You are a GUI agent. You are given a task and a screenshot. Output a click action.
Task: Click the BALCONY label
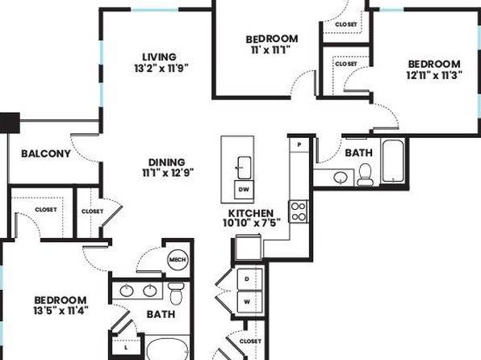pos(46,153)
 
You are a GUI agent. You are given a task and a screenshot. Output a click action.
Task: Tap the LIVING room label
pos(160,57)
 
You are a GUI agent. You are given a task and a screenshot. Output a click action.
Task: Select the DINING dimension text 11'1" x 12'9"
pos(168,173)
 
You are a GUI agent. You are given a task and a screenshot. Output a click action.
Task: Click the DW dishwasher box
pos(244,190)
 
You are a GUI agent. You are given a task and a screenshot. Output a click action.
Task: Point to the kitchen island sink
pos(245,168)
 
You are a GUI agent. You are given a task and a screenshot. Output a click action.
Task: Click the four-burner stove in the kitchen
pos(299,211)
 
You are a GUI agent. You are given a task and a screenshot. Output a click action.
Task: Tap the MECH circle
pos(178,260)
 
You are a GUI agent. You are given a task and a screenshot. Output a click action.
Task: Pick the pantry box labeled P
pos(299,144)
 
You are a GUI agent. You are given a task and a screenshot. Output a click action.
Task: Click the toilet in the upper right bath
pos(365,174)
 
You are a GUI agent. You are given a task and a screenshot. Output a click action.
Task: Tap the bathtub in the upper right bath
pos(393,161)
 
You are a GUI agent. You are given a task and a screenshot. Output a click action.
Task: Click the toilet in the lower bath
pos(176,293)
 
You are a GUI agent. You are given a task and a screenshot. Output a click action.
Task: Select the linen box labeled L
pos(126,347)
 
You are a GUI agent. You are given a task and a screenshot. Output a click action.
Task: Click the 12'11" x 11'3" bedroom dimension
pos(434,75)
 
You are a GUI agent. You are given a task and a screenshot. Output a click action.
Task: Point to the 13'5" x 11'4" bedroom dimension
pos(61,311)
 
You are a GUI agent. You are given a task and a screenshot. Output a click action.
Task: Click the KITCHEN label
pos(251,213)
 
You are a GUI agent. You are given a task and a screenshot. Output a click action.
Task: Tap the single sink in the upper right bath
pos(341,177)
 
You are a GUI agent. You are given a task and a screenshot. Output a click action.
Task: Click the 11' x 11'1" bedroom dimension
pos(271,50)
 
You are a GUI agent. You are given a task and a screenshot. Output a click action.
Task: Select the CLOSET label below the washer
pos(250,341)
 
